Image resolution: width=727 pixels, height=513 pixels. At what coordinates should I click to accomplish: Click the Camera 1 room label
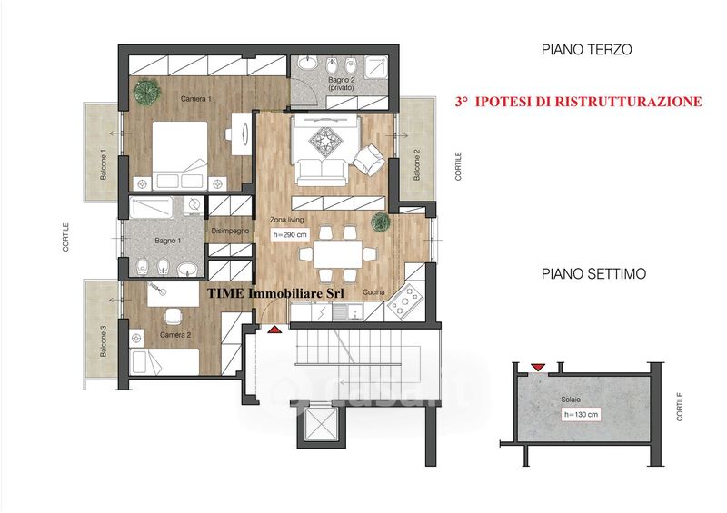click(196, 99)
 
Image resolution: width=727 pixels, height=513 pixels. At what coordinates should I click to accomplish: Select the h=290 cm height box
click(290, 235)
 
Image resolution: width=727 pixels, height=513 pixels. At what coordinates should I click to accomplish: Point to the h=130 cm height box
click(581, 414)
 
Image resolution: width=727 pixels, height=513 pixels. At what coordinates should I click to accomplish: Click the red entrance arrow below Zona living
click(274, 330)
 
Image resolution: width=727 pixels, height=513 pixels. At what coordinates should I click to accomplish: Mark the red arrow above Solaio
click(538, 367)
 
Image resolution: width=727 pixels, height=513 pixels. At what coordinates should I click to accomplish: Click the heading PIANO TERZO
click(586, 50)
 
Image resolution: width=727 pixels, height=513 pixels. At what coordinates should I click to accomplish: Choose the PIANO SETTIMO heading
click(593, 273)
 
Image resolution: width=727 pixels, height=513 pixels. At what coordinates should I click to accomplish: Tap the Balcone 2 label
click(417, 165)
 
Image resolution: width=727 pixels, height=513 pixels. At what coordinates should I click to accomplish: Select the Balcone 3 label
click(103, 340)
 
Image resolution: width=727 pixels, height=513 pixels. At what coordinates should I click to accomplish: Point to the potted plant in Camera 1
click(146, 91)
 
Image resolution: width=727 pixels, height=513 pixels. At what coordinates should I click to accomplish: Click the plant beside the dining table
click(381, 222)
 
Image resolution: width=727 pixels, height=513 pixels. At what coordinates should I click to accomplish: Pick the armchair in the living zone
click(369, 160)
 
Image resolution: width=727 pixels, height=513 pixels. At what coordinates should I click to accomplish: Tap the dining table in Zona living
click(337, 254)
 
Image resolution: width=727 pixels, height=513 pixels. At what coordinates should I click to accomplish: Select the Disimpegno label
click(230, 231)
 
